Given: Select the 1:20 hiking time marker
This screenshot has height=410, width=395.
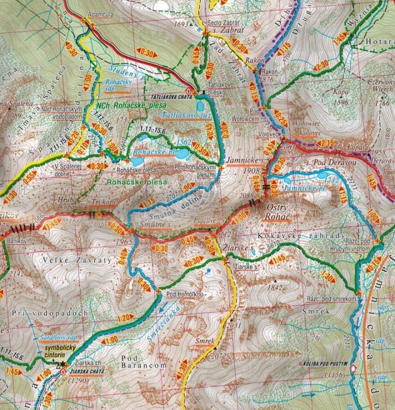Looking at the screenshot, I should click(126, 318).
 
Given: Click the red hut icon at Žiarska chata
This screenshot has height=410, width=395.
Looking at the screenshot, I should click(64, 372).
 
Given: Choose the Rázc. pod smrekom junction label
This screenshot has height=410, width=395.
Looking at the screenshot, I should click(333, 300).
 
